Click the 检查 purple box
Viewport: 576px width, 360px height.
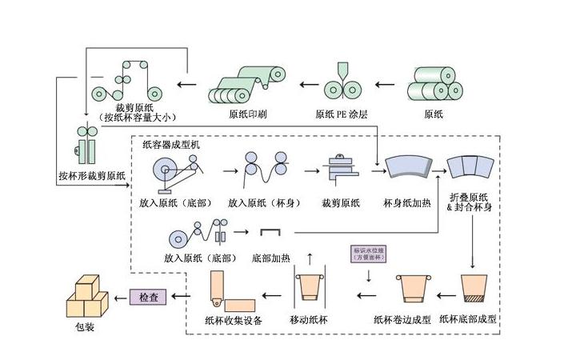pos(149,297)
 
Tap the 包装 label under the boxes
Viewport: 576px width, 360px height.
pos(84,326)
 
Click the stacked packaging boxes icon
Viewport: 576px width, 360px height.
pos(86,298)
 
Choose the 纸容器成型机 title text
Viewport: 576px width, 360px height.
pos(174,146)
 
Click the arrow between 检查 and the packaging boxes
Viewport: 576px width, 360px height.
pos(118,297)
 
